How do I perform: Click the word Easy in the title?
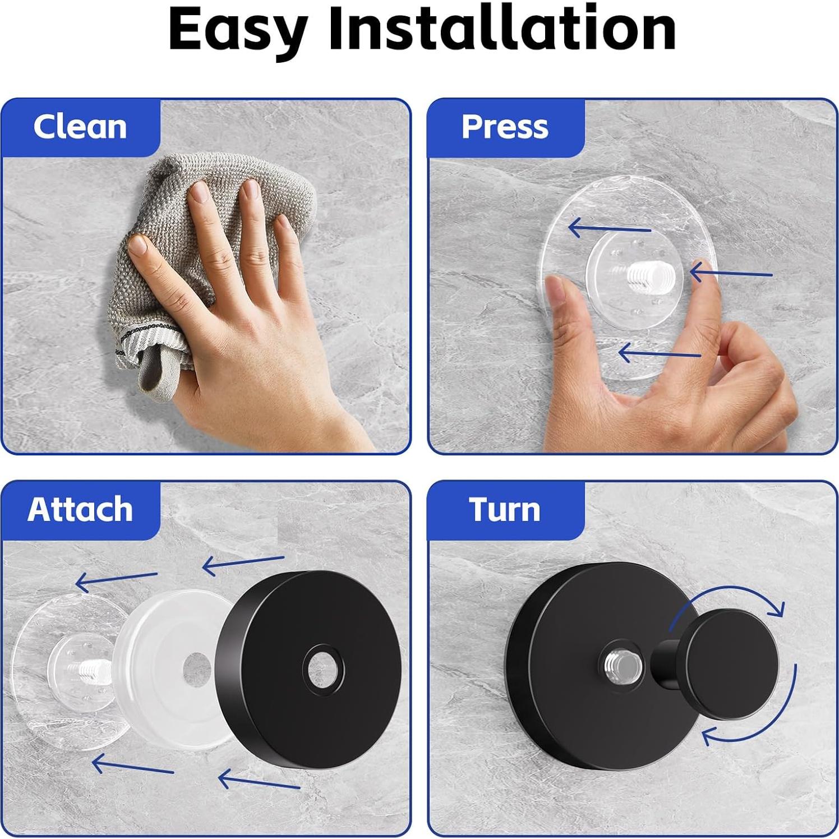tap(238, 29)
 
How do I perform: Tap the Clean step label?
tap(80, 127)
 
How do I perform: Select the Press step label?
tap(505, 127)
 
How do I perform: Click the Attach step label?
tap(80, 509)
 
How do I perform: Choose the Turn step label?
tap(505, 509)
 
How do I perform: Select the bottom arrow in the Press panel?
tap(659, 353)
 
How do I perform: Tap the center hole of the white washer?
tap(196, 669)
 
